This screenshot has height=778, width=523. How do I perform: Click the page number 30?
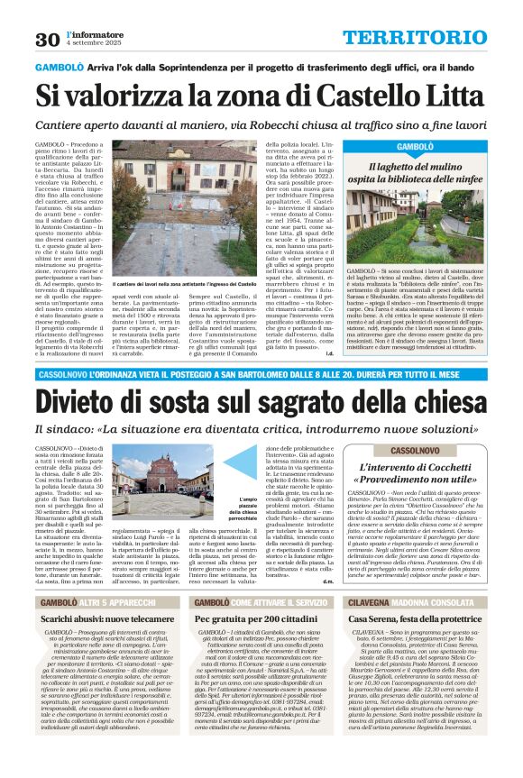tap(47, 39)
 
